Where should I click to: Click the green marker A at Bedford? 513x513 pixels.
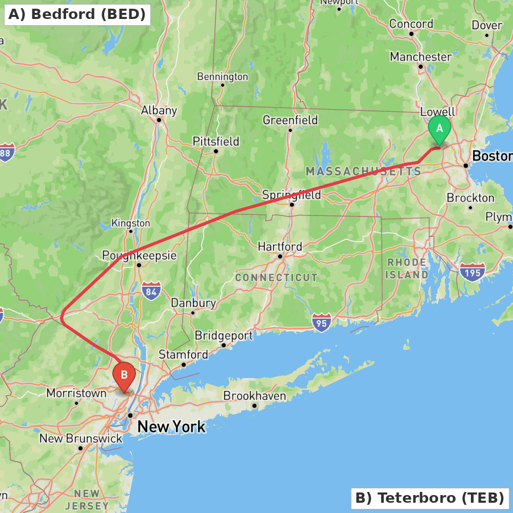point(439,129)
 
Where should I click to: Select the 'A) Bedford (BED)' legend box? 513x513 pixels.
point(77,14)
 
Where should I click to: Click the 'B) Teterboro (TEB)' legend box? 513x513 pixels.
point(429,498)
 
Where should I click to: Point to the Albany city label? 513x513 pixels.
point(159,110)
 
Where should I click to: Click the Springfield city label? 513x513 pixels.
point(291,195)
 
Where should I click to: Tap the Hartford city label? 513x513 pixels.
point(280,247)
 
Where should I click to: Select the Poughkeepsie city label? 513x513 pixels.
point(139,255)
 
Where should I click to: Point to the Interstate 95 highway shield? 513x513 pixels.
point(321,322)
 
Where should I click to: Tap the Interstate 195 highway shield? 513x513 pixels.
point(472,272)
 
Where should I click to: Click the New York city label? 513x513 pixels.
point(171,426)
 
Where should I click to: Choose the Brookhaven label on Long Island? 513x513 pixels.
point(254,396)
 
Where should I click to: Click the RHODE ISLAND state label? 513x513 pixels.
point(407,269)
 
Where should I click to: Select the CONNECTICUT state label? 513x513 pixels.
point(276,278)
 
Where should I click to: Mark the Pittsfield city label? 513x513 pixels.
point(215,141)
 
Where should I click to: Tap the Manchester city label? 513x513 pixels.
point(421,56)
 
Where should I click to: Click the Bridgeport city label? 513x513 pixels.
point(224,336)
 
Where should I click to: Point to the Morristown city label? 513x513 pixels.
point(76,393)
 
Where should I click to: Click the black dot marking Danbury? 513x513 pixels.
point(193,312)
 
